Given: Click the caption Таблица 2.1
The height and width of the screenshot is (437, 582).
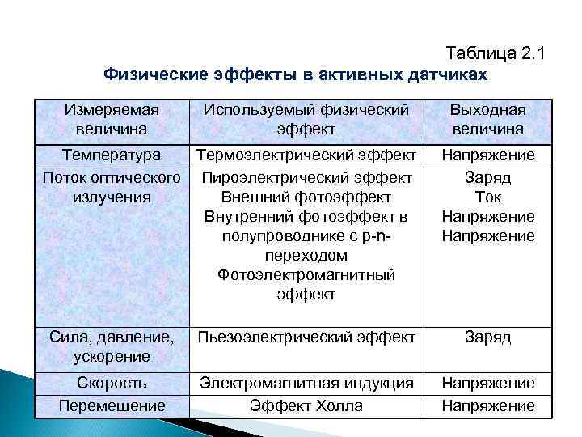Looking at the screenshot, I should [x=496, y=54].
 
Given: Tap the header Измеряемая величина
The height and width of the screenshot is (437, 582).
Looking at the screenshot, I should [x=112, y=120].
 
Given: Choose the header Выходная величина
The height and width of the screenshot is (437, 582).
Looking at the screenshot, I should [x=487, y=120].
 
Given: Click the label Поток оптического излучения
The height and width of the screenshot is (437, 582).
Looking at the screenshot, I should [x=112, y=186].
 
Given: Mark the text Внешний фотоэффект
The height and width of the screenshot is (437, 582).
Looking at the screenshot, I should [x=306, y=197].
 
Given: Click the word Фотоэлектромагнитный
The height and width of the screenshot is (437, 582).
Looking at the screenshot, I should [x=306, y=275].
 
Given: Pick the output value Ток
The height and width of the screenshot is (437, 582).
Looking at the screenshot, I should [x=487, y=197].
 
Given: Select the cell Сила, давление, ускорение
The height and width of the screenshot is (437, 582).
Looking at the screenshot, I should [x=112, y=346].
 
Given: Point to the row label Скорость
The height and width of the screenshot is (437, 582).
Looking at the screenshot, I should [x=112, y=383].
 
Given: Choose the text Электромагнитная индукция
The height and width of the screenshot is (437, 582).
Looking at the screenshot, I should [x=306, y=383].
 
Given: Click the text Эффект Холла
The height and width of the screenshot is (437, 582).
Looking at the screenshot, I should [x=306, y=405].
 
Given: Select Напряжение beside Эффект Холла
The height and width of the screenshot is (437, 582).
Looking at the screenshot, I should [x=487, y=405].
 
